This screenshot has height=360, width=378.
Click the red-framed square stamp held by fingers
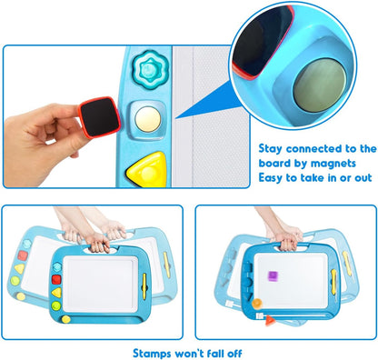click(x=100, y=117)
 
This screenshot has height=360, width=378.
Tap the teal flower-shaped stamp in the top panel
click(x=149, y=70)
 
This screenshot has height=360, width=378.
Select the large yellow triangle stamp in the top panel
click(x=147, y=170)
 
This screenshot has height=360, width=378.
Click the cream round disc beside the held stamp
click(x=148, y=119)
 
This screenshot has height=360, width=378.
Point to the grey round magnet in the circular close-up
click(x=320, y=85)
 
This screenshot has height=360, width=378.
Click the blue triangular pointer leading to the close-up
click(x=206, y=102)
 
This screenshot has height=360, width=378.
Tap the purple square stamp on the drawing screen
click(x=273, y=276)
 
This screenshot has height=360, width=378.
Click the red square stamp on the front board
click(x=56, y=279)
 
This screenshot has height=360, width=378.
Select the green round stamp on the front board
click(x=56, y=305)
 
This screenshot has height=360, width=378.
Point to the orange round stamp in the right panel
click(x=257, y=303)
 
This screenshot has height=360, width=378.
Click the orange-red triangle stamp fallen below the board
click(x=270, y=320)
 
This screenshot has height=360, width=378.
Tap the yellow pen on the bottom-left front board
click(x=144, y=285)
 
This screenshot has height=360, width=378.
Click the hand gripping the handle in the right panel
click(x=288, y=237)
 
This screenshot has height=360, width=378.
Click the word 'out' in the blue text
click(x=363, y=178)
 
